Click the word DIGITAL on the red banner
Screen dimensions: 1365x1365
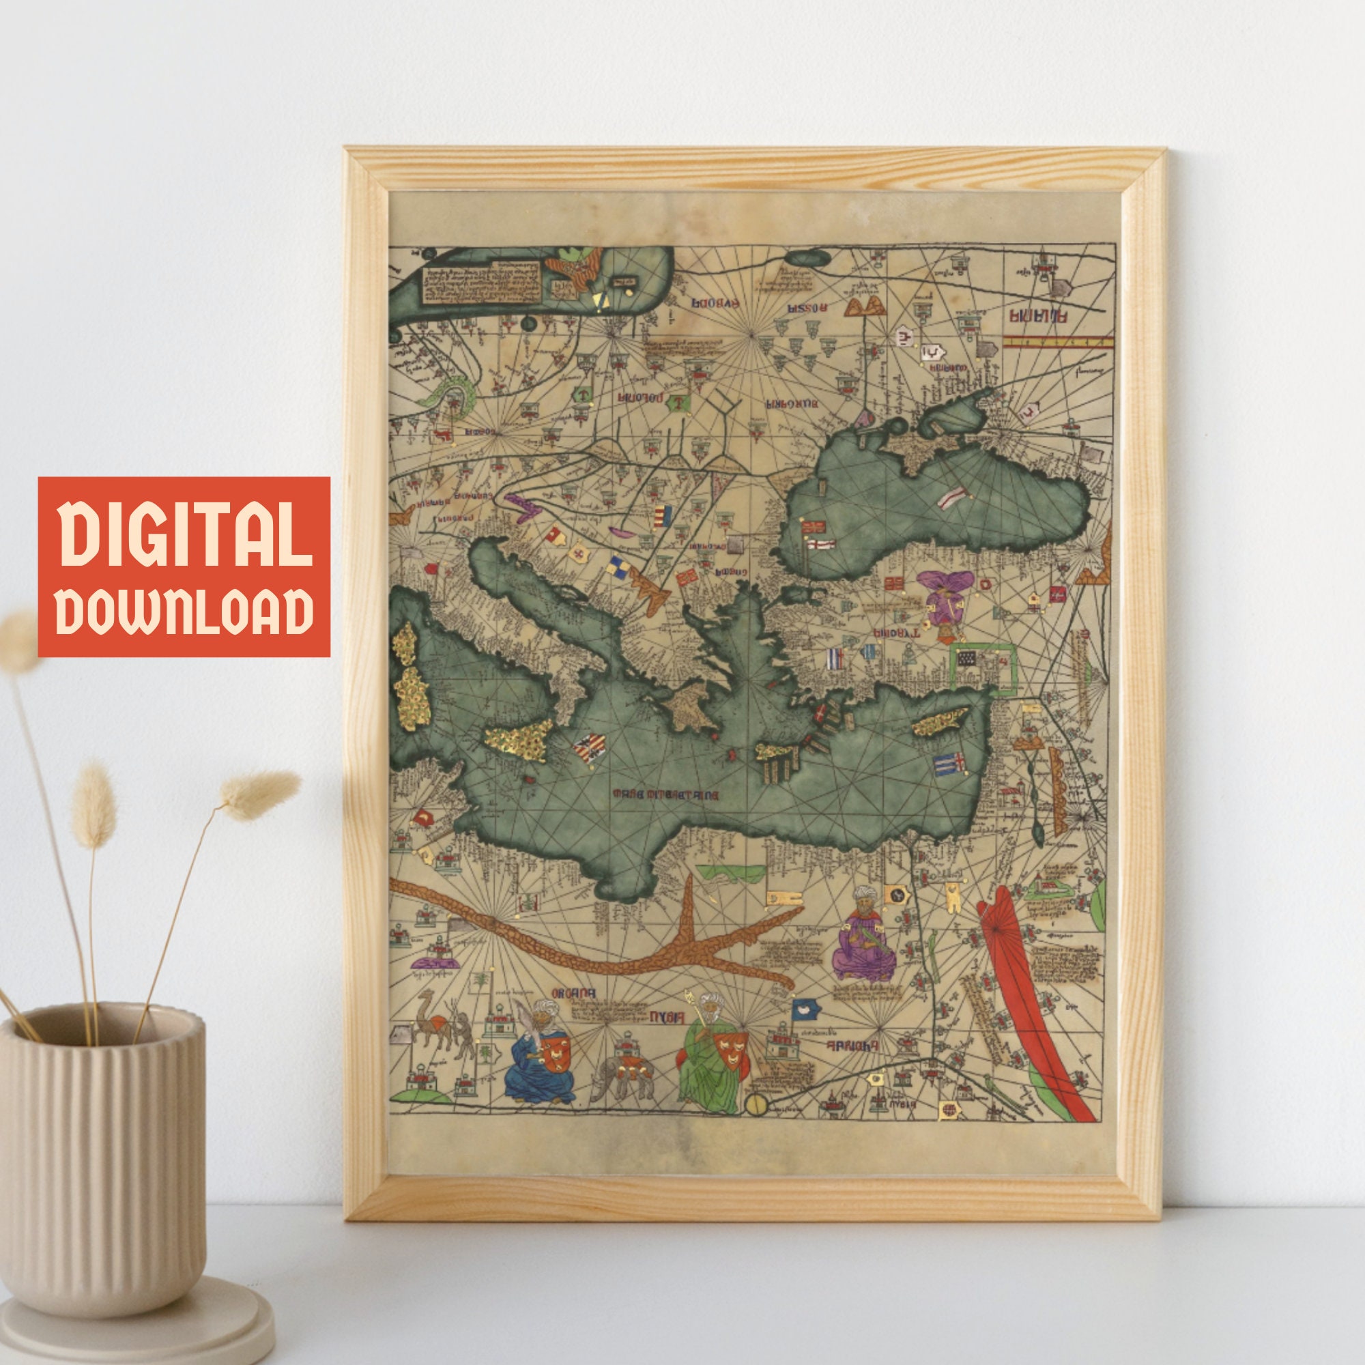[184, 534]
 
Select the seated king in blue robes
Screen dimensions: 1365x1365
[540, 1060]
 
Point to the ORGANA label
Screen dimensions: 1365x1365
[574, 992]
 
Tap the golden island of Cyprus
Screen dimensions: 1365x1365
[939, 721]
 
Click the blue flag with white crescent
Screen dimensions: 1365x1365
[804, 1009]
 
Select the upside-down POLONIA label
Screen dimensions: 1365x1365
[640, 398]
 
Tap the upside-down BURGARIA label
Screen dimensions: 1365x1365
[791, 404]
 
